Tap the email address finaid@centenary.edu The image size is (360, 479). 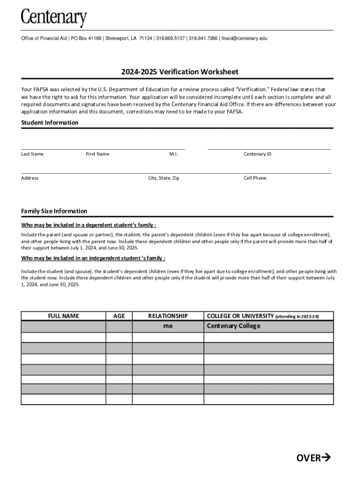coord(244,38)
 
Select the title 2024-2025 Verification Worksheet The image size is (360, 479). coord(180,72)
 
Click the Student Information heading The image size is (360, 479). coord(50,123)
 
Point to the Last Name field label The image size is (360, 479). coord(32,154)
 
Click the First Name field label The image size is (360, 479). coord(98,154)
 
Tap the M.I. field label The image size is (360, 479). coord(173,154)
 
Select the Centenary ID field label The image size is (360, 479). coord(257,154)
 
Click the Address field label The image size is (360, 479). coord(29,178)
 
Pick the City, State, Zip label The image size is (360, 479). coord(164,178)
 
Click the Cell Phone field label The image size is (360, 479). coord(255,178)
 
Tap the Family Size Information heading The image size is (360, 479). coord(54,211)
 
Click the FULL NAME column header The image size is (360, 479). coord(64,316)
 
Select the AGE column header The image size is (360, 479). coord(119,316)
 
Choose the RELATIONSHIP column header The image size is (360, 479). coord(168,316)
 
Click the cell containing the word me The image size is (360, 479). coord(168,326)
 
